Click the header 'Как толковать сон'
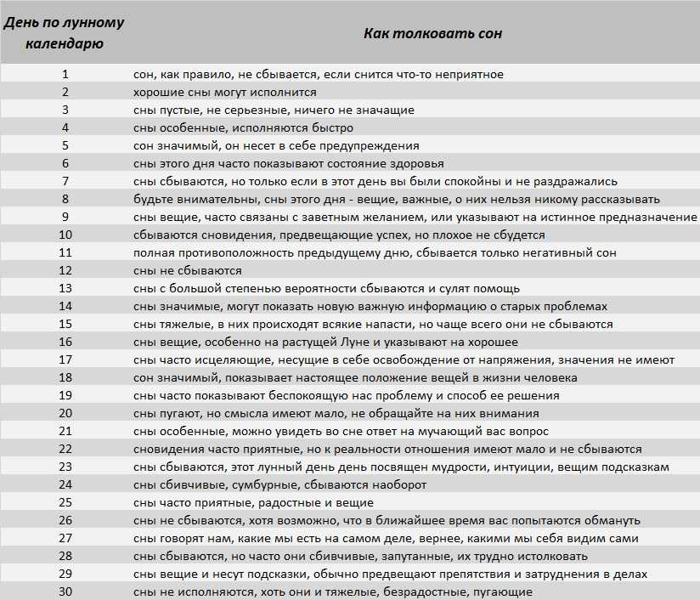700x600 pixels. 432,34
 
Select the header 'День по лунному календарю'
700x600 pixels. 65,33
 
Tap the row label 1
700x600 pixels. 65,74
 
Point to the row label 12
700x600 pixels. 65,270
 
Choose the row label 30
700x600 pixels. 65,592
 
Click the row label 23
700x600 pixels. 65,467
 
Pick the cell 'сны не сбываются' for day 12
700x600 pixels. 188,270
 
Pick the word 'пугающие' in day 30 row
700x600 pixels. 503,592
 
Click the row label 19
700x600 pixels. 65,395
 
